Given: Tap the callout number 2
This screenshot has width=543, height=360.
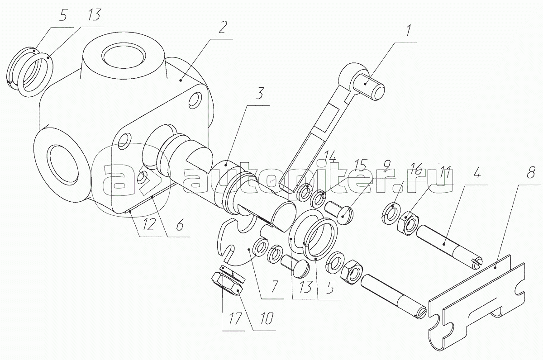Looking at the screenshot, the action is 222,28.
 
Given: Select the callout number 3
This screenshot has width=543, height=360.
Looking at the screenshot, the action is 259,93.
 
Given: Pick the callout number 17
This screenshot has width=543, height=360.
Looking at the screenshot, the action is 235,318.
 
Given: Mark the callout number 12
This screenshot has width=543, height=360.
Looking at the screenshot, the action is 148,225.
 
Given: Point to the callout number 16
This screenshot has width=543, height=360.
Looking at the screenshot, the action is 416,167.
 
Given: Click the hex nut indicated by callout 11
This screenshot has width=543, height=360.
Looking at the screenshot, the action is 408,222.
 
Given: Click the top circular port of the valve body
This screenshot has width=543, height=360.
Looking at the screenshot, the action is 124,57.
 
